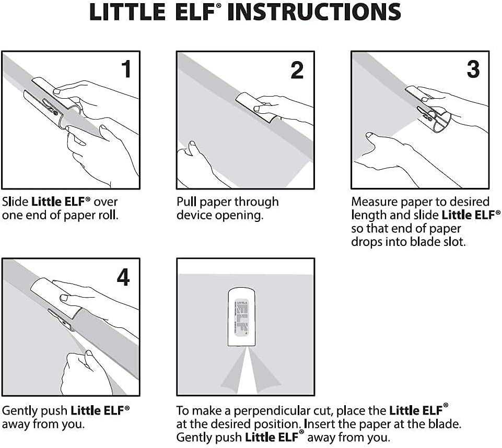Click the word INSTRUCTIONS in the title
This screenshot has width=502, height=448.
point(315,13)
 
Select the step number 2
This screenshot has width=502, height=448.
point(297,70)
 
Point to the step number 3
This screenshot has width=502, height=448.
point(472,69)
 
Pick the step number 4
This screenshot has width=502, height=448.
point(123,277)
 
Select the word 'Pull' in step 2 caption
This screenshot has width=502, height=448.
point(187,202)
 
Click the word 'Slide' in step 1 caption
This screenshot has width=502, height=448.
point(15,202)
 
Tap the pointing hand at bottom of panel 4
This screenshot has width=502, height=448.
point(86,371)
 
